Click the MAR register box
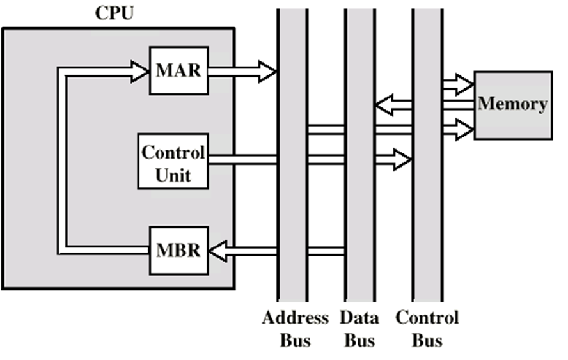(178, 70)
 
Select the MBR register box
(178, 250)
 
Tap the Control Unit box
(173, 161)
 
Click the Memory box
(512, 104)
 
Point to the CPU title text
(114, 13)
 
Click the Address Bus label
(295, 328)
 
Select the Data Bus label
(359, 328)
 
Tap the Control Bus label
(427, 328)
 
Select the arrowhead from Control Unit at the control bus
(402, 159)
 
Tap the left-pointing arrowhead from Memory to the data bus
(384, 104)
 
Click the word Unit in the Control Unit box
(173, 174)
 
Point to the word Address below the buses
(295, 318)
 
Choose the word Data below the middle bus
(359, 318)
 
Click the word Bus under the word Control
(427, 340)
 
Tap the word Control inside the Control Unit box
(173, 153)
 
